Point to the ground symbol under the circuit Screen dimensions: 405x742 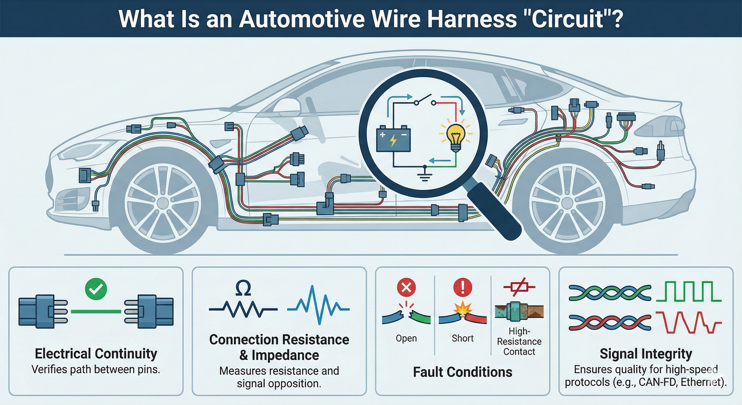[x=424, y=174]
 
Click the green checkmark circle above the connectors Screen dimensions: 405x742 [x=96, y=289]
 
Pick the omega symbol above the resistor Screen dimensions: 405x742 [x=243, y=288]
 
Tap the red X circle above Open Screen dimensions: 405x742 [x=406, y=287]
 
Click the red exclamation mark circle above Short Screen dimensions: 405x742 [x=463, y=287]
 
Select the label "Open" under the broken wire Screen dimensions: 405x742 [x=406, y=338]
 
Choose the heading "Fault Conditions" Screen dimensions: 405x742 [x=463, y=372]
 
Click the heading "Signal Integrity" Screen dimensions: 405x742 [x=646, y=354]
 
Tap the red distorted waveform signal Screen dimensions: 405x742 [x=689, y=322]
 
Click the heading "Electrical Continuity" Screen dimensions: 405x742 [x=96, y=354]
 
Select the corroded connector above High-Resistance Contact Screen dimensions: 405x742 [x=519, y=311]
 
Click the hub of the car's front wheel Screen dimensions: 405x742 [x=163, y=203]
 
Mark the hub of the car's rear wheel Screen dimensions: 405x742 [x=567, y=203]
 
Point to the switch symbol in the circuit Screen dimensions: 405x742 [x=424, y=101]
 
